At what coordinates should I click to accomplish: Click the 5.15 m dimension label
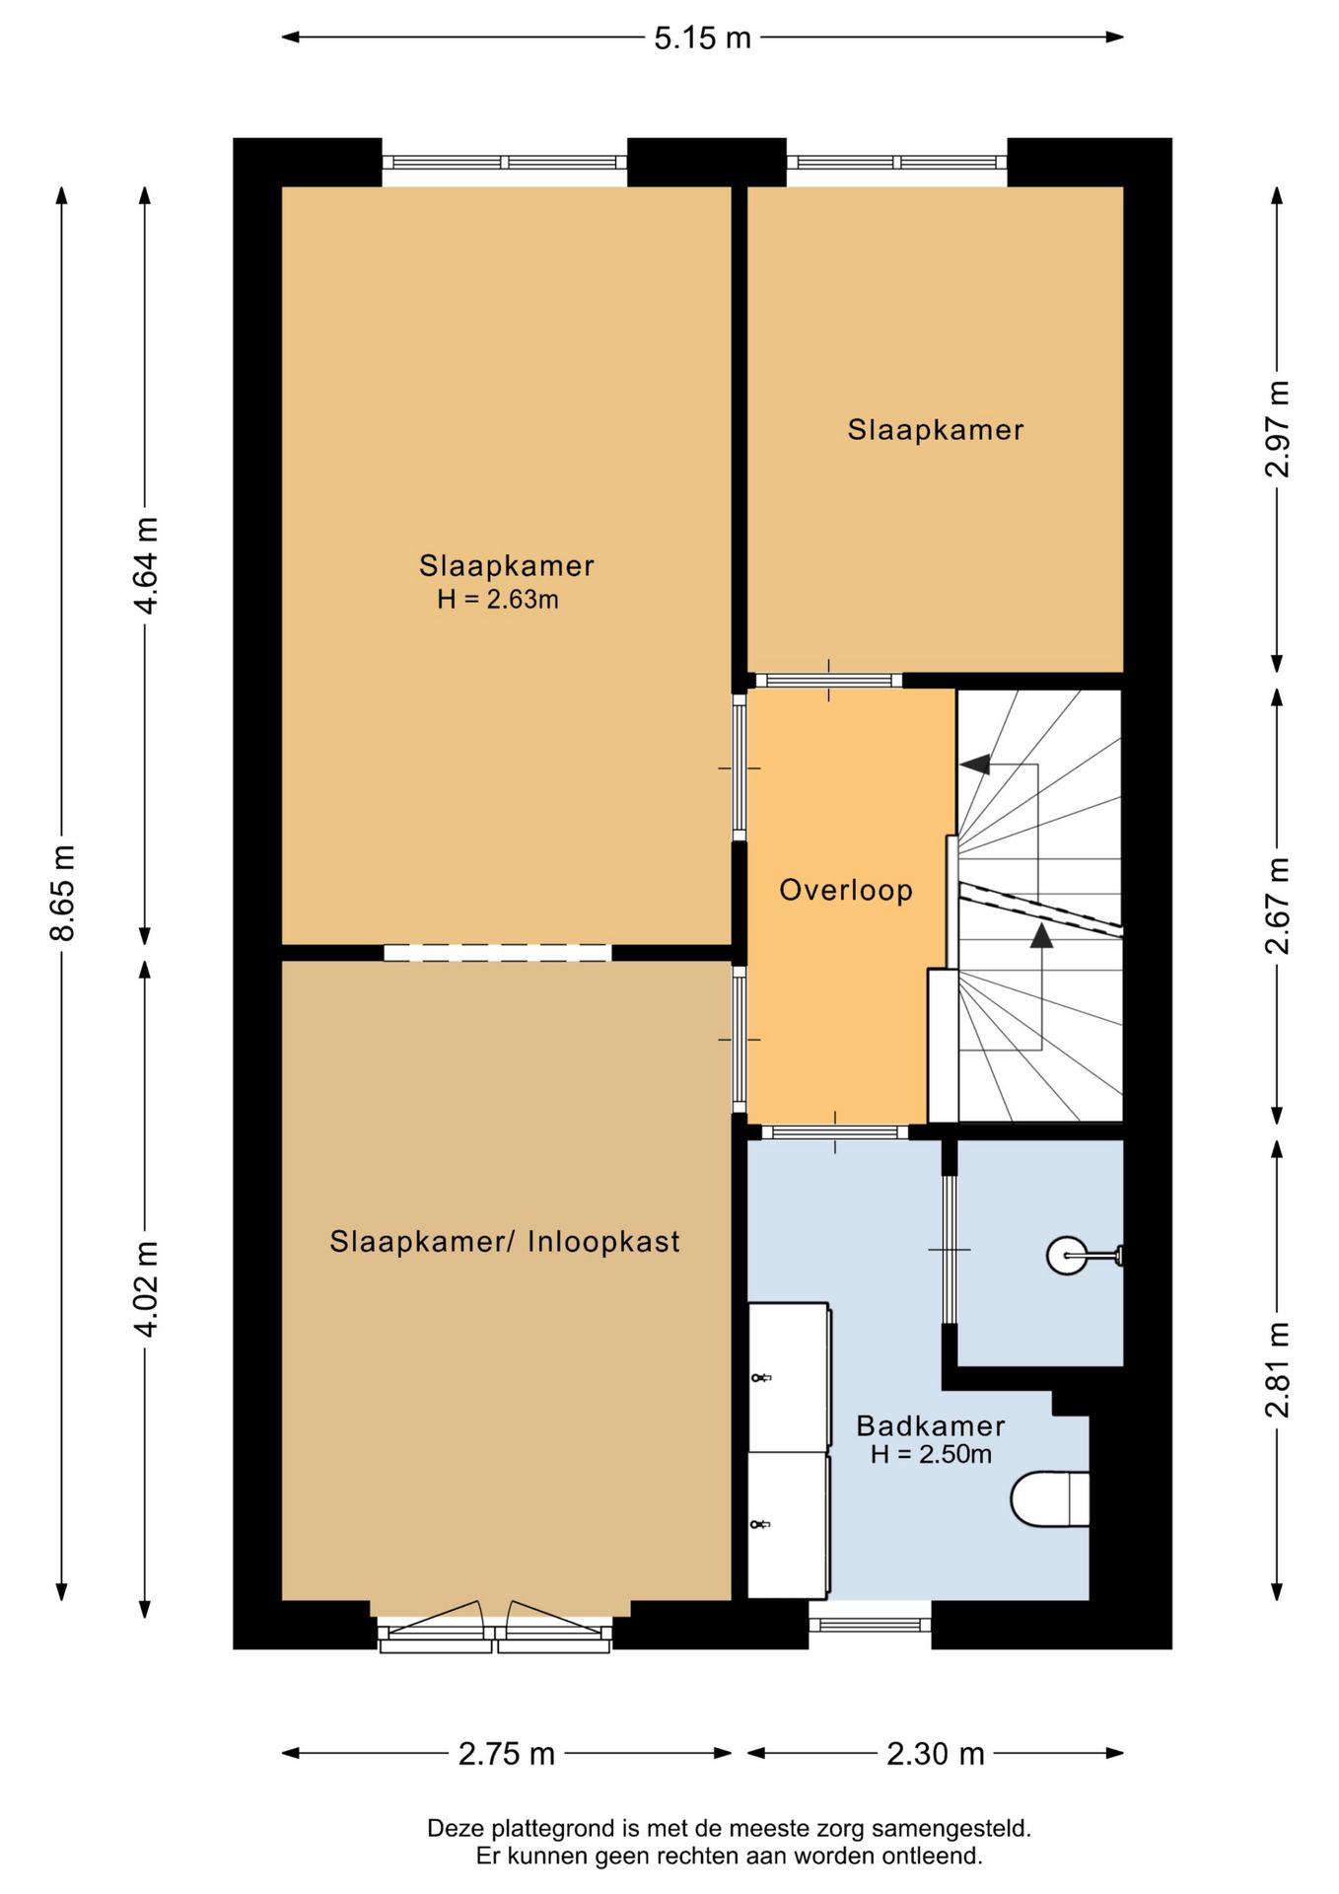(x=702, y=37)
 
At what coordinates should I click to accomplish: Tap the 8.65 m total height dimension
(x=62, y=893)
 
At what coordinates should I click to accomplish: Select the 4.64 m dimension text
(x=146, y=565)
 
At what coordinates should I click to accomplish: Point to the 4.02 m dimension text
(x=146, y=1289)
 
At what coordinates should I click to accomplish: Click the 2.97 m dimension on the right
(x=1277, y=429)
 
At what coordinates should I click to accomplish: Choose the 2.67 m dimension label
(x=1277, y=906)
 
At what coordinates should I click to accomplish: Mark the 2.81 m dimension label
(x=1277, y=1369)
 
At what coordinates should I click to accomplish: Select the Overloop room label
(x=846, y=890)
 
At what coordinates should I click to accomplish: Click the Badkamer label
(x=931, y=1425)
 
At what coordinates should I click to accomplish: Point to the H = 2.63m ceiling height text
(x=498, y=599)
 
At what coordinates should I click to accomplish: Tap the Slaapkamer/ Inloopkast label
(x=505, y=1241)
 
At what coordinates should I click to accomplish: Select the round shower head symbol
(x=1067, y=1256)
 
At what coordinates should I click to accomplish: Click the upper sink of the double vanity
(x=788, y=1377)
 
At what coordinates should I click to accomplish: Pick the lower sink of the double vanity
(x=788, y=1524)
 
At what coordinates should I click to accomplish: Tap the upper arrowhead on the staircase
(x=975, y=764)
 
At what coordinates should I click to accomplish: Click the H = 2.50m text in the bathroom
(x=931, y=1454)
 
